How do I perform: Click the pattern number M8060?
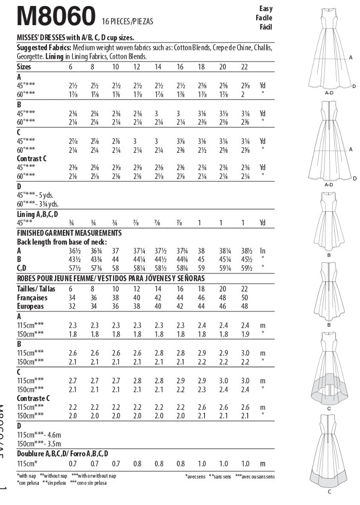point(56,16)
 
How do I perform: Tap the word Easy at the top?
point(265,9)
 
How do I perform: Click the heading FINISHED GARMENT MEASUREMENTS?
point(69,233)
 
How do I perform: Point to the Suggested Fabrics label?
point(44,47)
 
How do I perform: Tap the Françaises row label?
point(32,298)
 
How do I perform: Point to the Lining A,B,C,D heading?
point(37,214)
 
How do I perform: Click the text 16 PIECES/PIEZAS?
point(127,21)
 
